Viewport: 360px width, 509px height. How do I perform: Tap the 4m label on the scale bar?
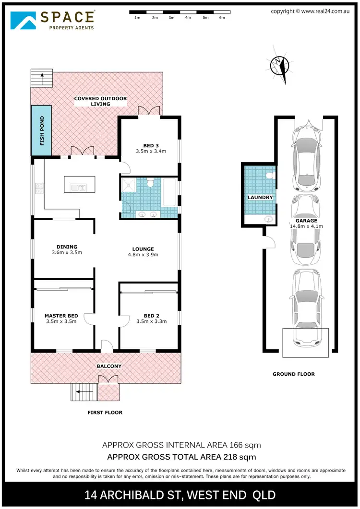[188, 17]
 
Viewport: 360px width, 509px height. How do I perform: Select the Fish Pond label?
[42, 130]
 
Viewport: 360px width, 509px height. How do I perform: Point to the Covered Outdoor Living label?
[100, 101]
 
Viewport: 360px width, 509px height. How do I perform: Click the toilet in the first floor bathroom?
[150, 183]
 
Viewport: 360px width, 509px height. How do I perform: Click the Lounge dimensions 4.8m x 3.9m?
[144, 255]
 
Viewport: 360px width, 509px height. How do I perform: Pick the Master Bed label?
[61, 315]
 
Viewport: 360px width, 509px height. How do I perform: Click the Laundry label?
[260, 197]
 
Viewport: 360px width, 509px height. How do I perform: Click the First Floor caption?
[105, 413]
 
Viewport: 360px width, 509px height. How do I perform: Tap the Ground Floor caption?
[293, 374]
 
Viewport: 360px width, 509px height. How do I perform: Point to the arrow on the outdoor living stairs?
[42, 77]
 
